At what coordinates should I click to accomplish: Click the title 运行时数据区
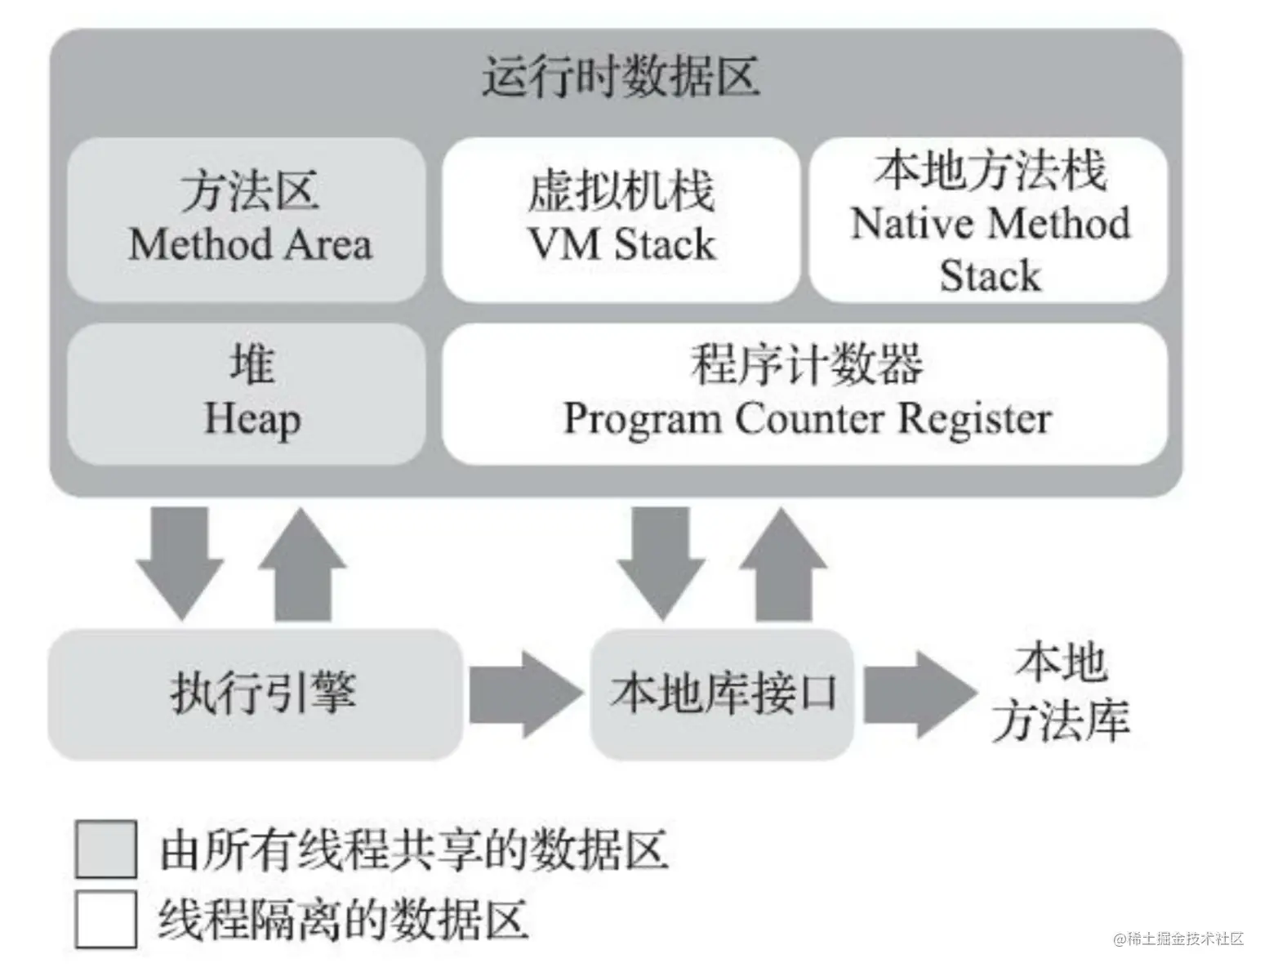tap(621, 77)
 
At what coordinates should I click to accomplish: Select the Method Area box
tap(247, 220)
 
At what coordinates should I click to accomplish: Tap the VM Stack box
tap(621, 220)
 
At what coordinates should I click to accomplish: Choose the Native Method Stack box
tap(989, 220)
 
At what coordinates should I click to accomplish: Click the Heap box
tap(247, 395)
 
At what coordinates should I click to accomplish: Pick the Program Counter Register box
tap(805, 395)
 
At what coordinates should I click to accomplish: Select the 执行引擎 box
tap(256, 694)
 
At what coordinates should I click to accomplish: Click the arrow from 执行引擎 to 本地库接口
tap(526, 694)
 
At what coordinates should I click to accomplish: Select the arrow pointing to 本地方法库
tap(921, 694)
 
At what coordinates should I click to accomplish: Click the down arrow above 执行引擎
tap(180, 563)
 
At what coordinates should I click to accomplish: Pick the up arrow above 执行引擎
tap(302, 563)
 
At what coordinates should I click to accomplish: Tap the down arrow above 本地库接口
tap(661, 563)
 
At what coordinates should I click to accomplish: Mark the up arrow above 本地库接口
tap(783, 563)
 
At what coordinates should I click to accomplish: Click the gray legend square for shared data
tap(106, 849)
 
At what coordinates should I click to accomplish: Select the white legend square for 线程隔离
tap(106, 919)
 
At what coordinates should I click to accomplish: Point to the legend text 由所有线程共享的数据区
tap(414, 850)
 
